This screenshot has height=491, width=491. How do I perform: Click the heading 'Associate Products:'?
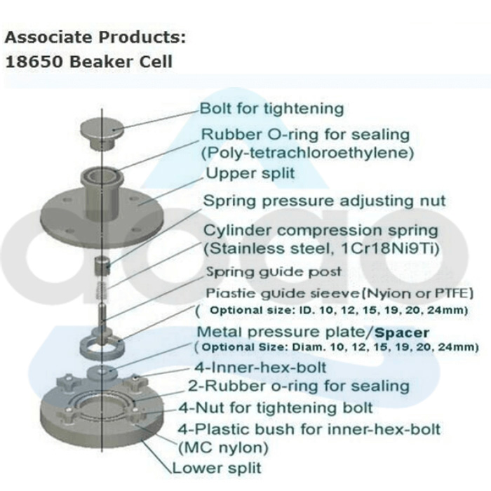tap(96, 36)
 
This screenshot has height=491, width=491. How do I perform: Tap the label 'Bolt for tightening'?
tap(271, 109)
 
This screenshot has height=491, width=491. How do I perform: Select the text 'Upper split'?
tap(240, 173)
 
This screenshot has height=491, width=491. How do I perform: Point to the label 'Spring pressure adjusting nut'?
tap(324, 201)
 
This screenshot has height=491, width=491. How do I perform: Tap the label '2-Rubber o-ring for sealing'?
tap(298, 386)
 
